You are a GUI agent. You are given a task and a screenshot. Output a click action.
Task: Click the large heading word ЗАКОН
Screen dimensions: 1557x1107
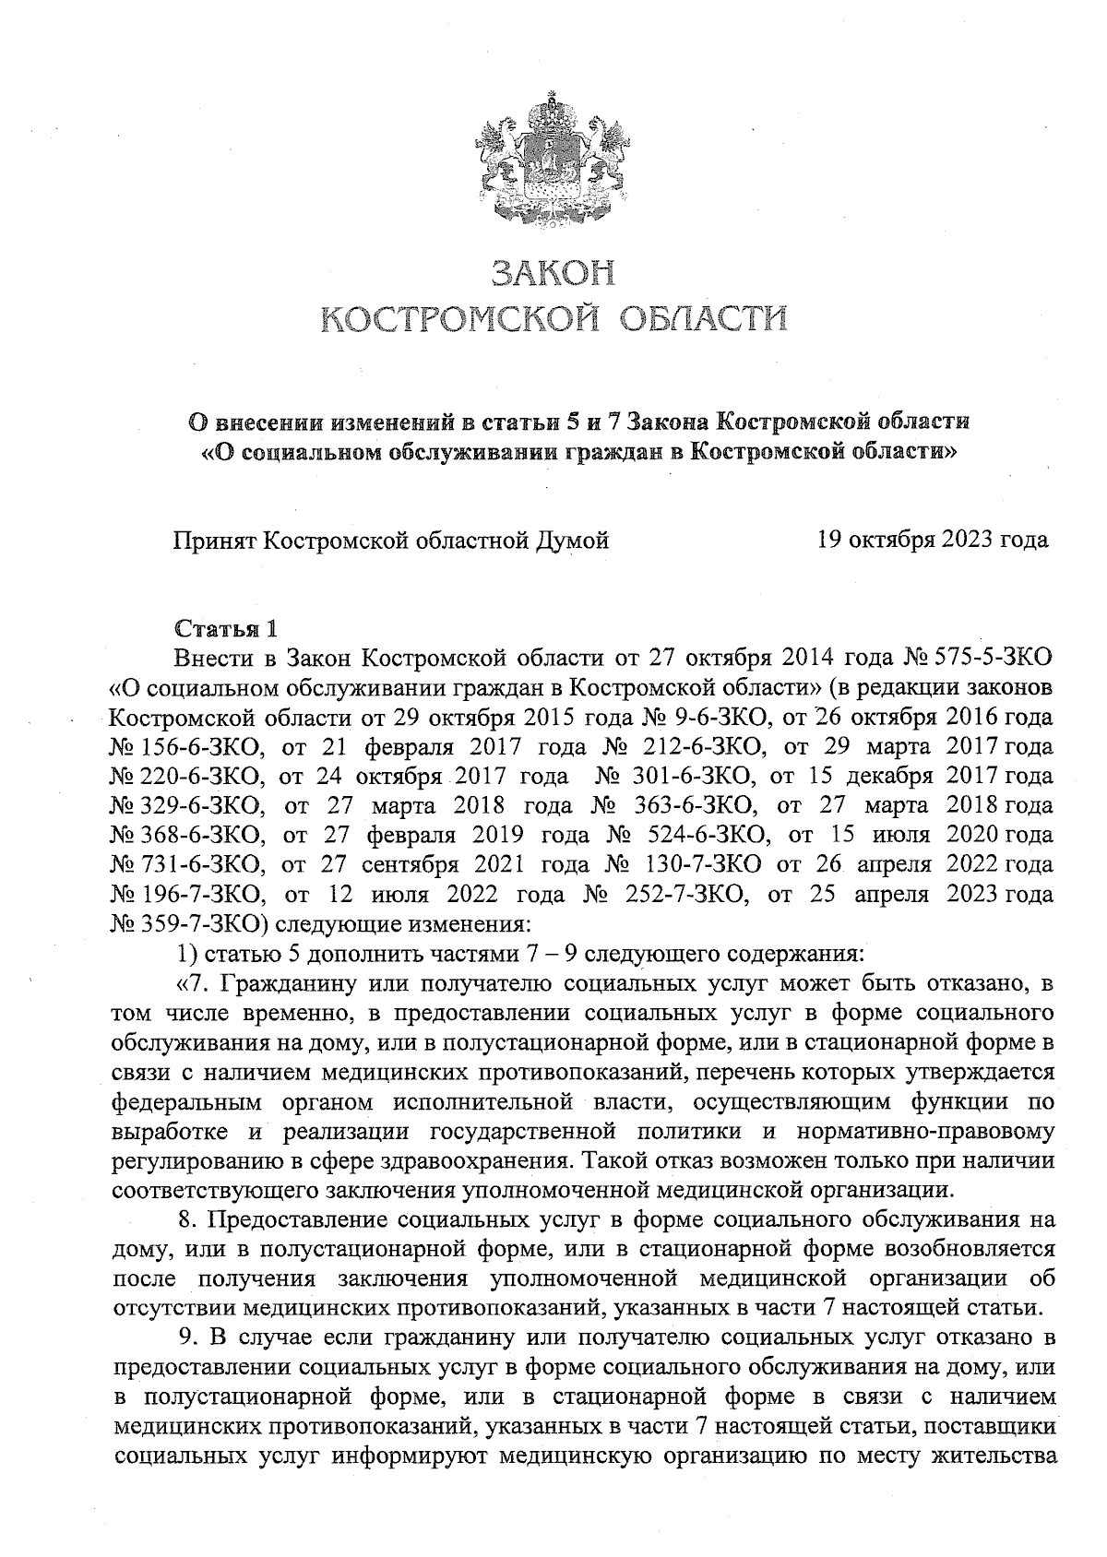tap(553, 273)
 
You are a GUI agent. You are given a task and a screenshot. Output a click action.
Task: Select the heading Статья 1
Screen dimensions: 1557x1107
tap(225, 630)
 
